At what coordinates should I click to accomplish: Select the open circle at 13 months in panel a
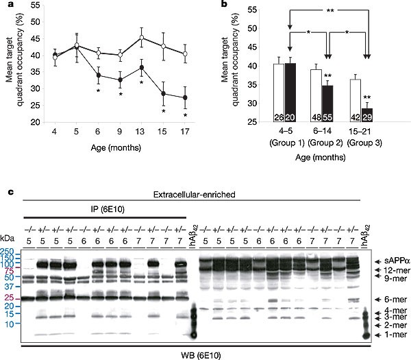click(141, 38)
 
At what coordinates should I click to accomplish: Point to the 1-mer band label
click(386, 335)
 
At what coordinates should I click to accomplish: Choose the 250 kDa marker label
click(8, 251)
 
